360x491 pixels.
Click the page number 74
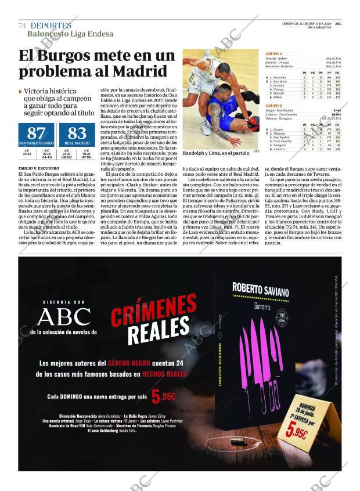22,26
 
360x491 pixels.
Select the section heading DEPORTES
51,26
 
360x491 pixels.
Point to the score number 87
36,133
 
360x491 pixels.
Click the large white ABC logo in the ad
63,316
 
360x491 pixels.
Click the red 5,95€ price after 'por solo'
164,397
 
